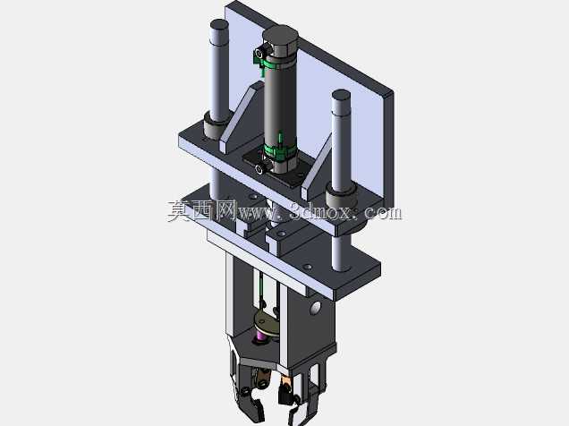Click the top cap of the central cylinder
click(280, 35)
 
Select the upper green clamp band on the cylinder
click(279, 64)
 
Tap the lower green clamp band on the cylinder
click(279, 150)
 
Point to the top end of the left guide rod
click(219, 25)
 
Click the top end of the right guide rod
click(341, 96)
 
